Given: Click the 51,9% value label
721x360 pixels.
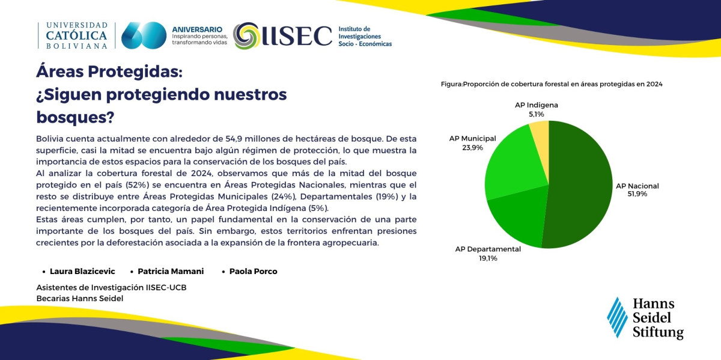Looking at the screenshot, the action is [x=637, y=194].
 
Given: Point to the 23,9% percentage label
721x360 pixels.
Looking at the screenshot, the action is [x=472, y=148].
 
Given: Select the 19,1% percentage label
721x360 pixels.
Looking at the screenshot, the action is [x=488, y=258].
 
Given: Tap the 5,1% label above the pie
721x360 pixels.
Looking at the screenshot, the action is [x=536, y=114].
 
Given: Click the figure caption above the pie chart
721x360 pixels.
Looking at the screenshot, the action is [x=552, y=84].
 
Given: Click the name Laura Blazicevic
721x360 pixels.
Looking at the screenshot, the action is [x=82, y=272].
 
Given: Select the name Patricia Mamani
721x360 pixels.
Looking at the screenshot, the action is [x=171, y=272].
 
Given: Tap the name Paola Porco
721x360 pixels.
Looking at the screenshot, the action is [x=254, y=272].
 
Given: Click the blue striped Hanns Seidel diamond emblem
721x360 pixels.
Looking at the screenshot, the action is [x=617, y=317].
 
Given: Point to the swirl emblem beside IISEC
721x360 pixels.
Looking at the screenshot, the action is [x=246, y=35].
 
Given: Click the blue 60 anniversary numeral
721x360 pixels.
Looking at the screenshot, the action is [x=144, y=35].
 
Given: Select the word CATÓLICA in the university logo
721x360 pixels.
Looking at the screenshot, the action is [x=76, y=35].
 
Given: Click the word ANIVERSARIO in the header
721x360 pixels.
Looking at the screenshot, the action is [x=197, y=29].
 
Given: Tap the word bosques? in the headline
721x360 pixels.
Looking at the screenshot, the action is [x=75, y=117].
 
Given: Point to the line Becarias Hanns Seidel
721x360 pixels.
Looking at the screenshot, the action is [x=80, y=299].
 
